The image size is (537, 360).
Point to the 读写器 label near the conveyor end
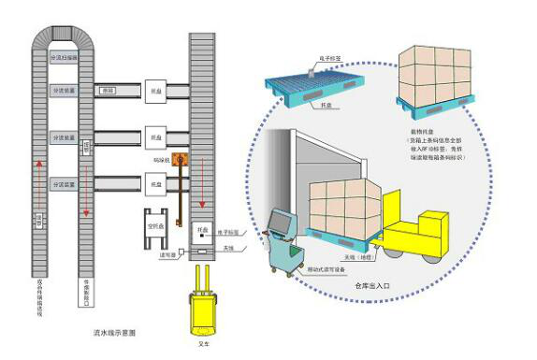(171, 256)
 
